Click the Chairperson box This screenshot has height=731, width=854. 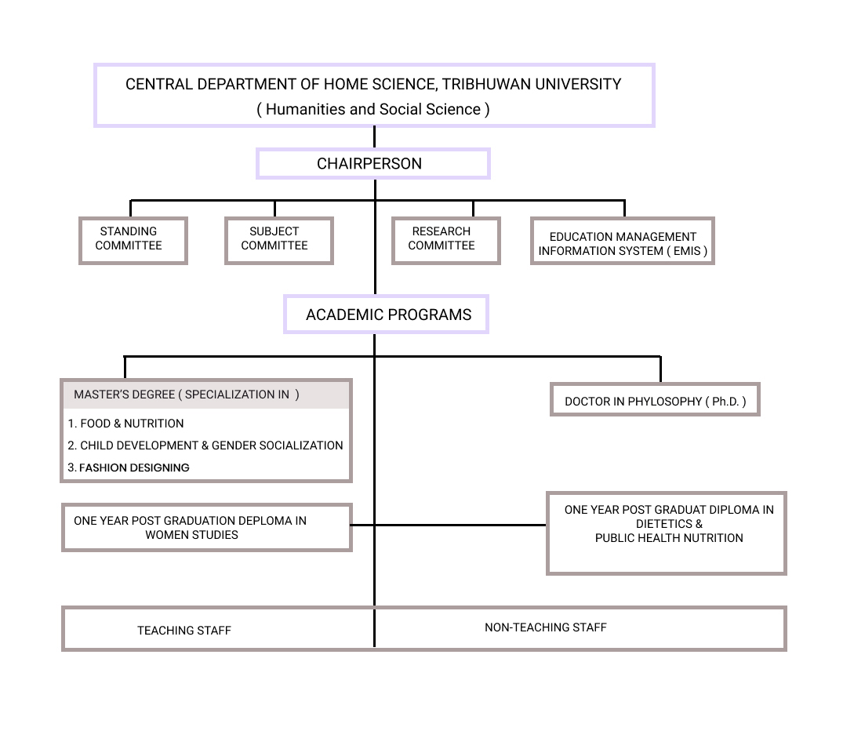pos(373,163)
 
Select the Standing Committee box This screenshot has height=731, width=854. pos(133,241)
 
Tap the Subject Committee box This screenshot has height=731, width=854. pos(279,241)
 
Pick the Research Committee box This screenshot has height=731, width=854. pos(446,241)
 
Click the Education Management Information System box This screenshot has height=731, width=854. pos(623,241)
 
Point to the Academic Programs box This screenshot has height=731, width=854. pos(386,315)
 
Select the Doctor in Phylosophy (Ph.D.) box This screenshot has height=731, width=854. pos(655,399)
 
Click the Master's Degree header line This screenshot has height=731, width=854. pos(187,395)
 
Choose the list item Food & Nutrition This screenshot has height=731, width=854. pos(125,424)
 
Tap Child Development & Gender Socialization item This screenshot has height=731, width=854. pos(205,446)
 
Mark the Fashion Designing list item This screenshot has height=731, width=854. pos(129,467)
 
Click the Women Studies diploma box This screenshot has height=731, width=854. pos(207,527)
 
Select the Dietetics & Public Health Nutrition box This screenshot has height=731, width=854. pos(667,533)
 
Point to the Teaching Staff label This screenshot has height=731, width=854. pos(184,631)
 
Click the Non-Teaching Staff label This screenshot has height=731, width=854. pos(546,627)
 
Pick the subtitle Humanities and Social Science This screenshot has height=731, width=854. pos(373,110)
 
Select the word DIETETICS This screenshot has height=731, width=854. pos(664,524)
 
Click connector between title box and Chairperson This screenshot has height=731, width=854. pos(374,137)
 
